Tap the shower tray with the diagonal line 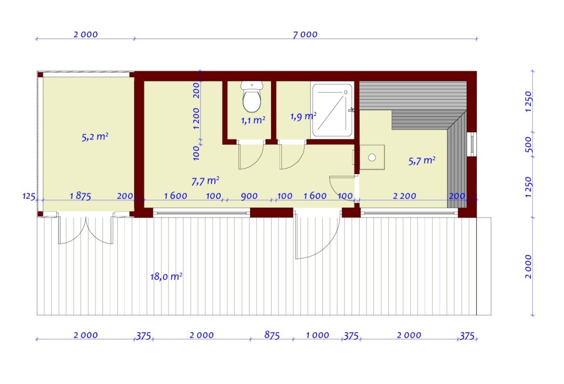[x=332, y=110]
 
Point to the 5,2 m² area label [x=95, y=137]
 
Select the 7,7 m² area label [x=205, y=181]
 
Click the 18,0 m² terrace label [x=166, y=277]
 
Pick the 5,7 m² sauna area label [x=422, y=160]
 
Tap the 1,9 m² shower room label [x=303, y=116]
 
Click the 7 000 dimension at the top [x=305, y=35]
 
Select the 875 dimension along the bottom [x=272, y=335]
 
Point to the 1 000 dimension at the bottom [x=317, y=336]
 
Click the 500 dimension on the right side [x=528, y=144]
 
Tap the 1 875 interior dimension [x=80, y=196]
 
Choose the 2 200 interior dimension [x=404, y=196]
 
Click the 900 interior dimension [x=250, y=196]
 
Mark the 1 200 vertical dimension [x=196, y=118]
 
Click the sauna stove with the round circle [x=372, y=157]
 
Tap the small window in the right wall [x=471, y=144]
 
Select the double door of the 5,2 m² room [x=86, y=229]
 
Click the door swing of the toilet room [x=251, y=155]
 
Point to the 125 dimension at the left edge [x=29, y=196]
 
